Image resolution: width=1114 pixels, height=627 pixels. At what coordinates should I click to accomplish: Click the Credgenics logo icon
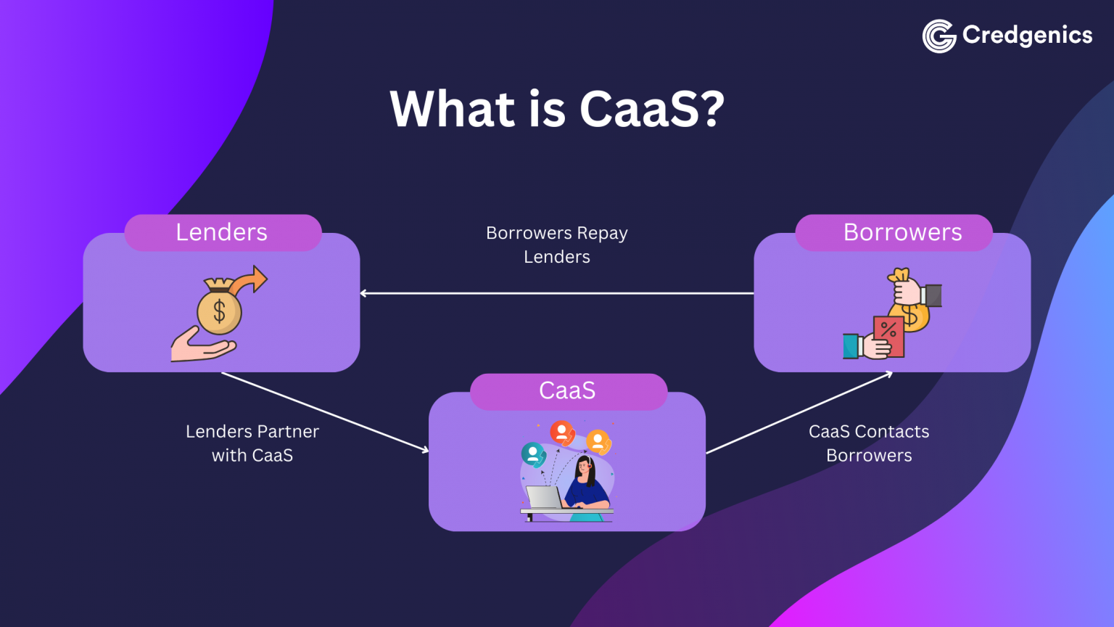939,36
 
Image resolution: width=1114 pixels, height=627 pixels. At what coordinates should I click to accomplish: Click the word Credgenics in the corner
1027,35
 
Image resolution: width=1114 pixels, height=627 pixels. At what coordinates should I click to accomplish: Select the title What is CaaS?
557,109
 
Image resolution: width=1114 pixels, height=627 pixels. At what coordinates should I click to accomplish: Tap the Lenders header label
222,232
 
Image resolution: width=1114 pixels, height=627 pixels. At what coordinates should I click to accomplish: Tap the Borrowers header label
902,232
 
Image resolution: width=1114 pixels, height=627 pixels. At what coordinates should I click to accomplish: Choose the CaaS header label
567,390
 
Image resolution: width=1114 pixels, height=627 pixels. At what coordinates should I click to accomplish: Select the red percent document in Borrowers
888,335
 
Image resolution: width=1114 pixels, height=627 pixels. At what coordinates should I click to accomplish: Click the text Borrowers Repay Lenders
557,245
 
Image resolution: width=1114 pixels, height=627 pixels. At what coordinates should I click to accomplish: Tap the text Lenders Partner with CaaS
252,443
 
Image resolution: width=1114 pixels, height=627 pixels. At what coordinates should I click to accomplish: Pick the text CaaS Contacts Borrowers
869,443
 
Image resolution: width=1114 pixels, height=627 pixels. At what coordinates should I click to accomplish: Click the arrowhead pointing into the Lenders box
363,293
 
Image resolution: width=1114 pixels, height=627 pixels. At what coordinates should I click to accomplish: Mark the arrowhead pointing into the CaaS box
425,451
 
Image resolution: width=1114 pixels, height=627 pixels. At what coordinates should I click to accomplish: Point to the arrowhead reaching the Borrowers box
888,374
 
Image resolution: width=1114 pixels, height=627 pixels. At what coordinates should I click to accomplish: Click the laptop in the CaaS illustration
543,498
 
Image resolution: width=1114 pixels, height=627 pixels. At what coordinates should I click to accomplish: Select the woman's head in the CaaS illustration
586,467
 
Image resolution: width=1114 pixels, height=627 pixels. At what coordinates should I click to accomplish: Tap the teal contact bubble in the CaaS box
533,455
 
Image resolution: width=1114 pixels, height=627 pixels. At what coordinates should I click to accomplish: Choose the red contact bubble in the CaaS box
562,433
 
